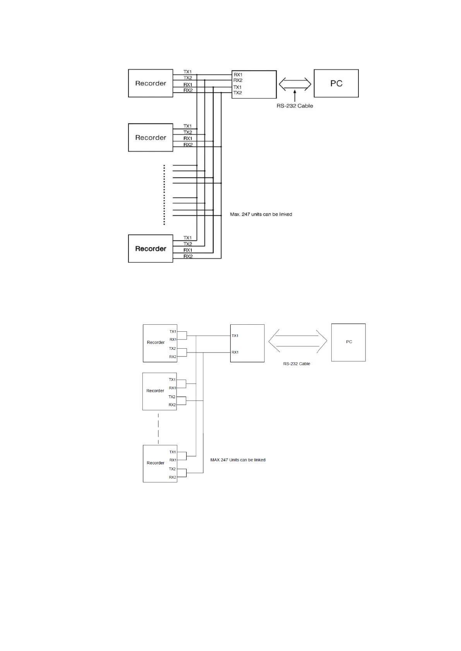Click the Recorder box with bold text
coord(150,249)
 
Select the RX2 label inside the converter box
coord(238,80)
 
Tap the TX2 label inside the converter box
coord(237,93)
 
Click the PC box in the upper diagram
coord(336,83)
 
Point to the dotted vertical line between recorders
coord(164,195)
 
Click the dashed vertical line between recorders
coord(158,428)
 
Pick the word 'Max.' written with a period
coord(235,214)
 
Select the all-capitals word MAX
coord(215,460)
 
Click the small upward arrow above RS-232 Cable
coord(295,95)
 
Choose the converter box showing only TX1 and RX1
coord(247,343)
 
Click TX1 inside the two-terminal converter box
coord(235,336)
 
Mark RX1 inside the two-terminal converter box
coord(235,353)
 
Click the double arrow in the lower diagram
coord(297,341)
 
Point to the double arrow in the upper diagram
coord(295,83)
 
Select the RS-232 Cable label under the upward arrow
coord(295,106)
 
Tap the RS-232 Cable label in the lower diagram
coord(296,364)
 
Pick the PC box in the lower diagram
coord(348,343)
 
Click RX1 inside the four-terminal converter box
coord(238,75)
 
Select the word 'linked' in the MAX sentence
coord(259,460)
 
